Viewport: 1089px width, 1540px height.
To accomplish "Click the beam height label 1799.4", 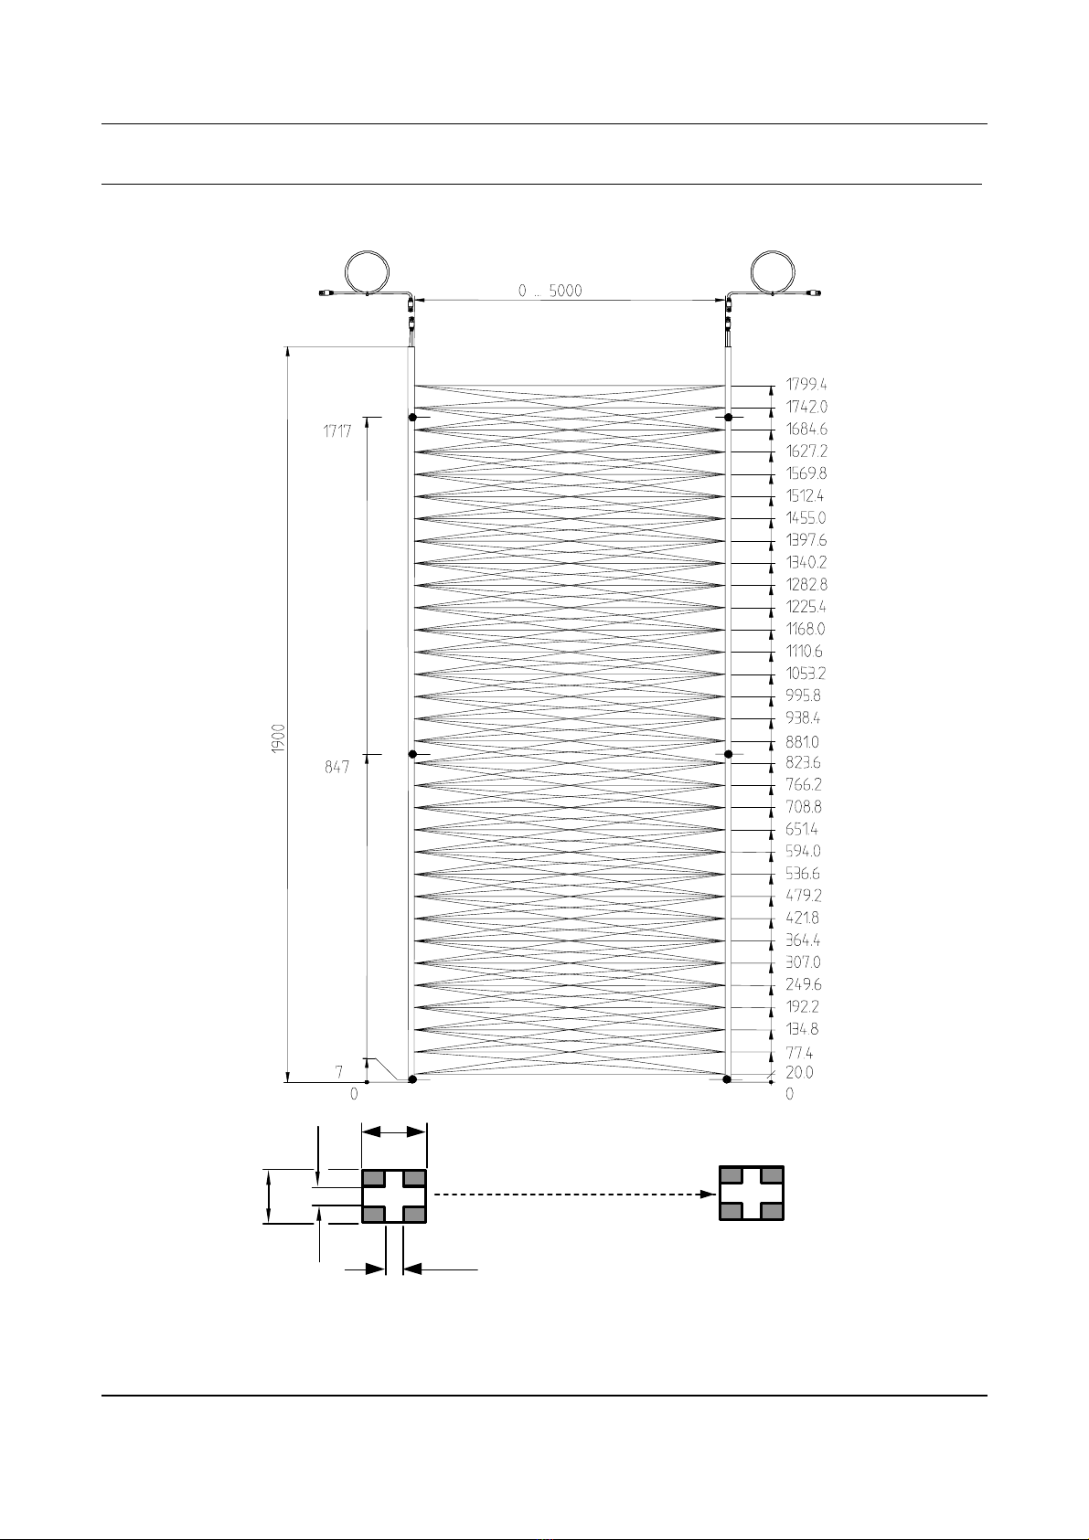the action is [806, 384].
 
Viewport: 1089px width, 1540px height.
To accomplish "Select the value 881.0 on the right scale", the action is [802, 742].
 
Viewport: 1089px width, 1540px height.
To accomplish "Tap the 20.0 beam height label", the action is [799, 1072].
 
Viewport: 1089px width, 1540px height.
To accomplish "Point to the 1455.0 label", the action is [806, 517].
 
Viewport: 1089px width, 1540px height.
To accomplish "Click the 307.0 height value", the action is [803, 962].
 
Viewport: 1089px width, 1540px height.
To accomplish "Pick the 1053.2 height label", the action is [806, 674].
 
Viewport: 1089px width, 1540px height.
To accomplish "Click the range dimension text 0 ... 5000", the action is [550, 291].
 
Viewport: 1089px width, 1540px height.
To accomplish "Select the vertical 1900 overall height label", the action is [278, 738].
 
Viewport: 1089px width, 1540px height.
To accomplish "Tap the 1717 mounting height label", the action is [337, 431].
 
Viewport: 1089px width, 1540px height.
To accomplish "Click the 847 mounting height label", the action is [337, 767].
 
